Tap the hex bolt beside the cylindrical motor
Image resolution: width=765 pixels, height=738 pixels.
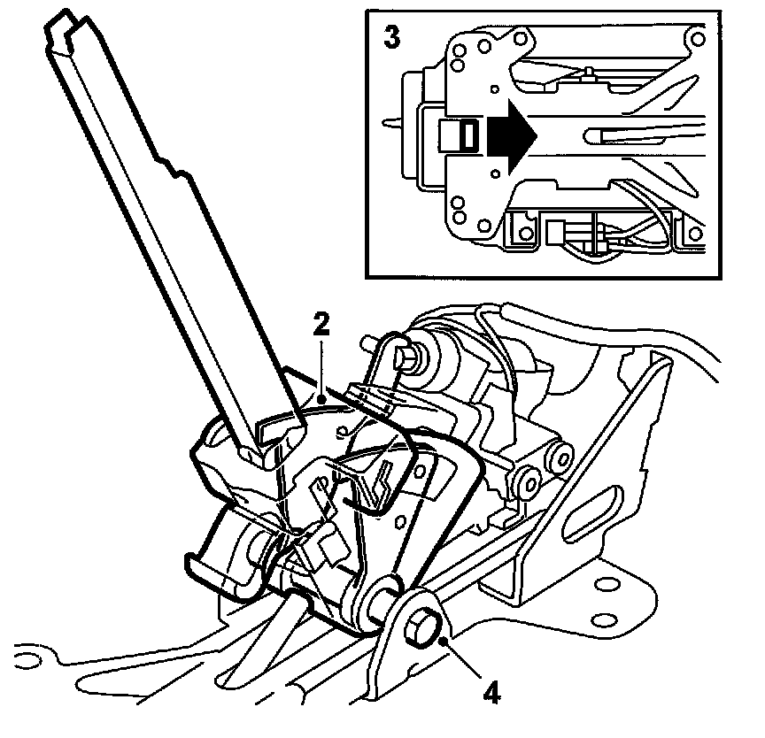406,356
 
